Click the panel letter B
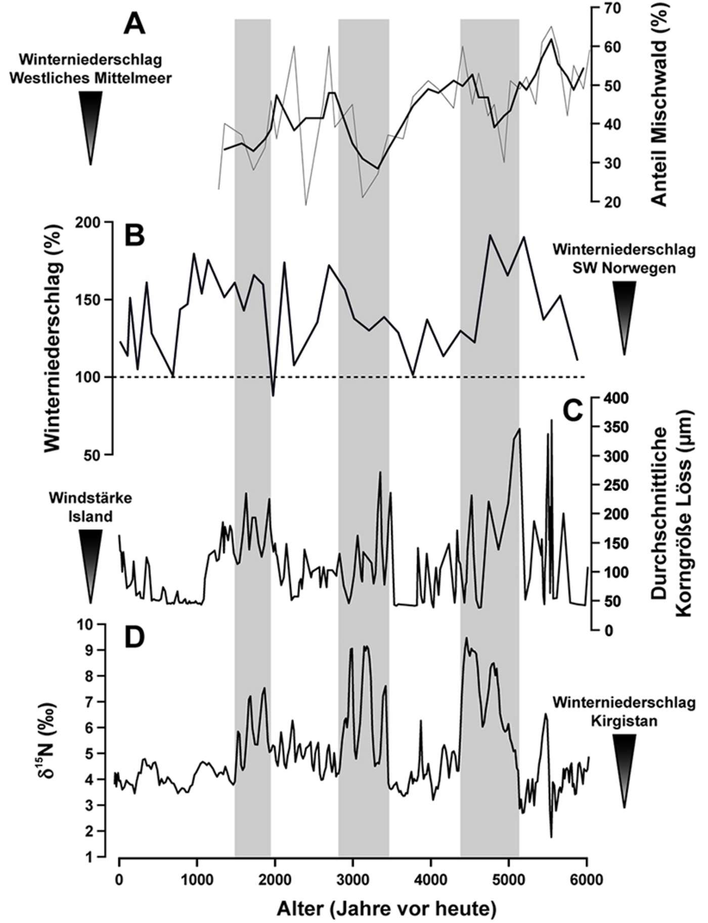coord(135,236)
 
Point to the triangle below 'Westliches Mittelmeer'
coord(91,126)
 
